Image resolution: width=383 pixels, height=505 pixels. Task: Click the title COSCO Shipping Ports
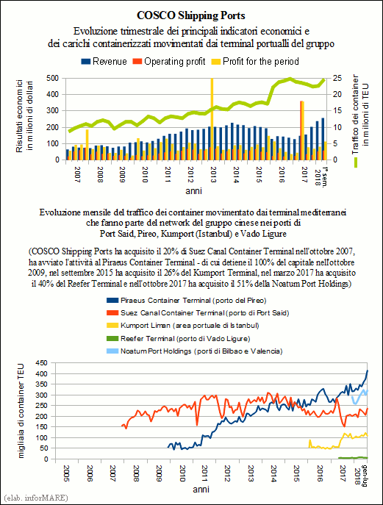[191, 15]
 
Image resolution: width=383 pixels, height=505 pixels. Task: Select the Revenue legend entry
[104, 62]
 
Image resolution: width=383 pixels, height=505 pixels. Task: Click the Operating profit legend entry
[169, 62]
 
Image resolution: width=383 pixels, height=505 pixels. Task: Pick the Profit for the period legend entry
[255, 62]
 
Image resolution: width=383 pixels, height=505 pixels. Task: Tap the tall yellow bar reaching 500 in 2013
[212, 118]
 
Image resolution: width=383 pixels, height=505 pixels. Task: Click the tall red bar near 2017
[301, 130]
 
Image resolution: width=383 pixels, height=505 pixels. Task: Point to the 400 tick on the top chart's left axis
[53, 94]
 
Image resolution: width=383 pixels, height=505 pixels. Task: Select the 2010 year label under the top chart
[145, 174]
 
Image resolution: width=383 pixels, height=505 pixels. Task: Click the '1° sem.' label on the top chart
[325, 177]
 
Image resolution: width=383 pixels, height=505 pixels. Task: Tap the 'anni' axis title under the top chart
[193, 191]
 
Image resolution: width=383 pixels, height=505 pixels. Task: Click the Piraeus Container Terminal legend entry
[187, 301]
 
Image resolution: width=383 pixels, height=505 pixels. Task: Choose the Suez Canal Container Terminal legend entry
[198, 312]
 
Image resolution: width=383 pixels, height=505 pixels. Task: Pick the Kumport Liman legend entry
[182, 326]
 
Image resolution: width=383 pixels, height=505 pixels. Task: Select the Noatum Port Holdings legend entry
[195, 351]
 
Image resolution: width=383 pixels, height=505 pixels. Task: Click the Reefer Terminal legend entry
[178, 338]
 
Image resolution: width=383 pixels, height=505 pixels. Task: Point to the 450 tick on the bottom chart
[42, 363]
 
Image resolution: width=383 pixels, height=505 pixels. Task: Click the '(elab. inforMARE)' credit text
[36, 498]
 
